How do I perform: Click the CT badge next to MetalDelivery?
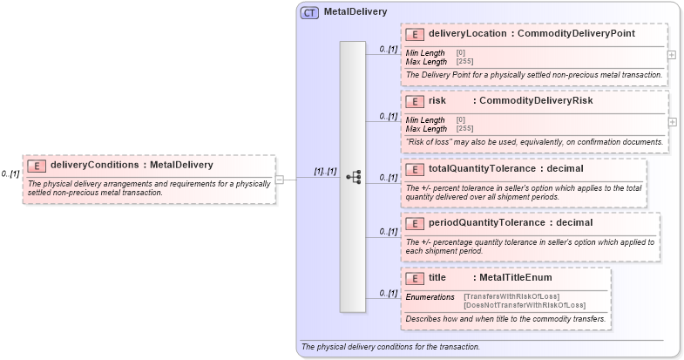[309, 13]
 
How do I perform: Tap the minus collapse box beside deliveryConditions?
[280, 180]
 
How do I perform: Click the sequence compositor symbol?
[353, 177]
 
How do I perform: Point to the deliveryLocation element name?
[467, 34]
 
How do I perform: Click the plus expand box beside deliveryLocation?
[671, 54]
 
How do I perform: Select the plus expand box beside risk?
[671, 121]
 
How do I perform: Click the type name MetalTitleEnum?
[516, 278]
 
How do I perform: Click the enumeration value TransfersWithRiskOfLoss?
[511, 296]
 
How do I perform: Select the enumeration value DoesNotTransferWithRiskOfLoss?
[525, 305]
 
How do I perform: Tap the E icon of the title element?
[416, 278]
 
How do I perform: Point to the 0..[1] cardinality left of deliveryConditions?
[10, 174]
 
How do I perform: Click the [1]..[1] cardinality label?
[325, 171]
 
